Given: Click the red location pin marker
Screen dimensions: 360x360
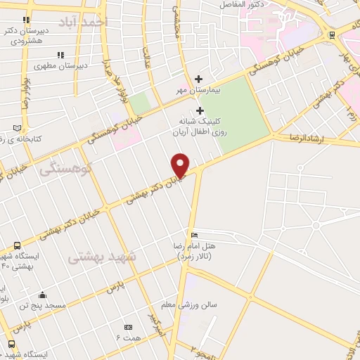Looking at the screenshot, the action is point(181,164).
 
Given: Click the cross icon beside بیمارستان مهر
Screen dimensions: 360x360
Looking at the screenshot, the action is point(199,79).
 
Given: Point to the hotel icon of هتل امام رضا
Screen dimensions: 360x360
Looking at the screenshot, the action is point(194,235).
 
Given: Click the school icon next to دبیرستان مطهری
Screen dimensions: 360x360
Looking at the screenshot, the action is point(60,54).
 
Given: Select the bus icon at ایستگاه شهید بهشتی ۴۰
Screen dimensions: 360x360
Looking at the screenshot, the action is point(18,246).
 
